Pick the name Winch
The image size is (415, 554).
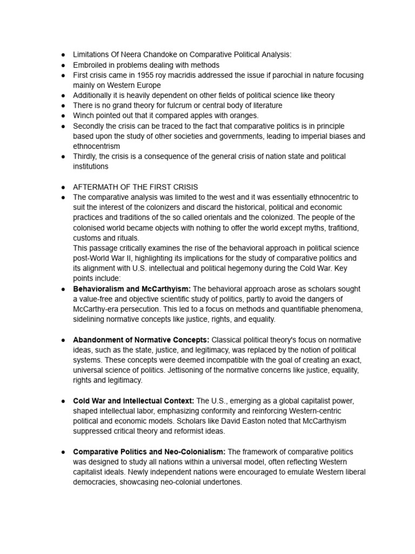(83, 115)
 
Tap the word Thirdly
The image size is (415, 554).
(85, 156)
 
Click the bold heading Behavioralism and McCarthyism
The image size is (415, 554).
(132, 289)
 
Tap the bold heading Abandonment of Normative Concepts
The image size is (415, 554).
(141, 340)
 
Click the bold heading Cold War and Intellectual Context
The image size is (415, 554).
(133, 401)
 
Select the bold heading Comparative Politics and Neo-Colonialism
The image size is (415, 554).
(149, 452)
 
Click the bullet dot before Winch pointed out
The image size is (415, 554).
(63, 116)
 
